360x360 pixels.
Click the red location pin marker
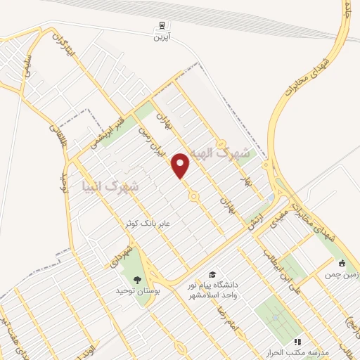pos(181,165)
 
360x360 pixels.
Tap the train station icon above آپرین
pos(162,25)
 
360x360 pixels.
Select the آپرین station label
pos(162,35)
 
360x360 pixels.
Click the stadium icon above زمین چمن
pos(342,264)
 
